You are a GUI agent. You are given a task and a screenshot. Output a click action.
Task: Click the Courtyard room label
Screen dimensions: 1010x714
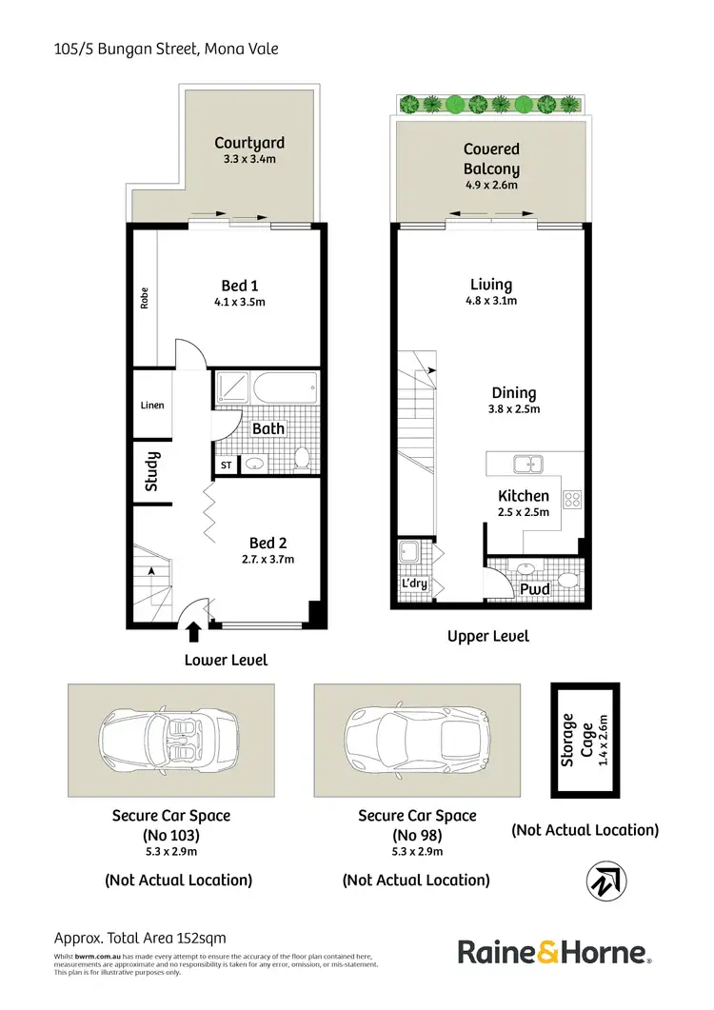pyautogui.click(x=248, y=143)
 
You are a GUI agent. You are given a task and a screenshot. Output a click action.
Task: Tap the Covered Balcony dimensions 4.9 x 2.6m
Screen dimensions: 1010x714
pyautogui.click(x=491, y=186)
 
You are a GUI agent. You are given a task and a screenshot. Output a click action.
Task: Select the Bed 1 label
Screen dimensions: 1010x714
pyautogui.click(x=240, y=285)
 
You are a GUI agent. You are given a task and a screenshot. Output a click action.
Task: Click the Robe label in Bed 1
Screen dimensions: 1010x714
pyautogui.click(x=145, y=299)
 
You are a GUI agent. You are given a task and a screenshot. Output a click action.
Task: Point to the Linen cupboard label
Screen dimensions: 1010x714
pyautogui.click(x=152, y=405)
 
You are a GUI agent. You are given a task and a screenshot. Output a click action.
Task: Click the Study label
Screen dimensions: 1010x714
pyautogui.click(x=152, y=470)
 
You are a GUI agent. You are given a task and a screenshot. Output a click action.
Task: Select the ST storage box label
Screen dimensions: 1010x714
pyautogui.click(x=226, y=465)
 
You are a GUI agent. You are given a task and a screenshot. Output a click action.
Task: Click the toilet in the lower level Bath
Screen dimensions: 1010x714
pyautogui.click(x=302, y=458)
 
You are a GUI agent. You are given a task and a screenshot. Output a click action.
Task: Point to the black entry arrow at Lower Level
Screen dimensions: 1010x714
pyautogui.click(x=194, y=630)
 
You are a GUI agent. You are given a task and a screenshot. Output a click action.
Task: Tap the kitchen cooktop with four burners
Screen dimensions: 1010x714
pyautogui.click(x=574, y=497)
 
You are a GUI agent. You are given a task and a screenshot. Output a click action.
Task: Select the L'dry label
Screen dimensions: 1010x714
pyautogui.click(x=415, y=584)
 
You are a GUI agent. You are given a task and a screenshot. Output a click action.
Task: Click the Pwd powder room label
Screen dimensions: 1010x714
pyautogui.click(x=534, y=589)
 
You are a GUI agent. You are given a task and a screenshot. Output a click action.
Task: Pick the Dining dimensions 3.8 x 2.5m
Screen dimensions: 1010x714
pyautogui.click(x=514, y=409)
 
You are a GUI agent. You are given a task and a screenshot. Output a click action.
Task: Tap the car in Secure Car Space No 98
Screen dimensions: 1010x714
pyautogui.click(x=418, y=740)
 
